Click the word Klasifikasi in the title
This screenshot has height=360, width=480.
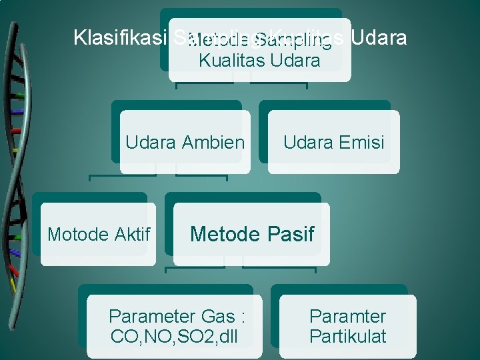click(x=119, y=37)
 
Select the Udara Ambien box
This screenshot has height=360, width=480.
click(x=185, y=141)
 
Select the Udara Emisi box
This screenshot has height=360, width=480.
click(x=333, y=141)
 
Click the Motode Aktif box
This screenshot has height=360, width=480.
click(x=99, y=234)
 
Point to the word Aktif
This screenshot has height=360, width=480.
click(x=131, y=234)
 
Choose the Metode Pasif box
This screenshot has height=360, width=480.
click(x=251, y=234)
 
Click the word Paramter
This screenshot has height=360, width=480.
click(x=347, y=316)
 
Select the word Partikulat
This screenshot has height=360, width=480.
click(x=347, y=336)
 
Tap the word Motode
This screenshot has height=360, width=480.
click(x=78, y=234)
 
